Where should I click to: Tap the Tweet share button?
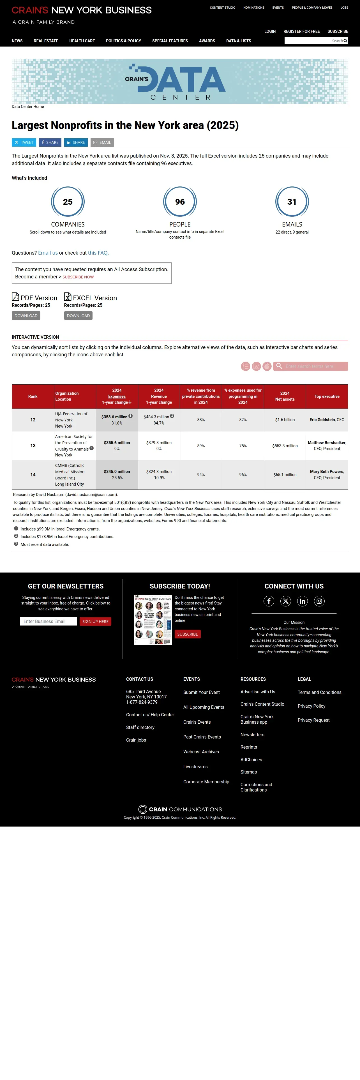coord(24,142)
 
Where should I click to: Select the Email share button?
coord(102,142)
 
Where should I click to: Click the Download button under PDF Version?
coord(26,316)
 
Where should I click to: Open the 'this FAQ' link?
coord(98,253)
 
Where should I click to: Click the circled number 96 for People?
coord(180,202)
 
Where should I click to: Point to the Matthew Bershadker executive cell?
coord(327,446)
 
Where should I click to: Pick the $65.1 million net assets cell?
coord(285,475)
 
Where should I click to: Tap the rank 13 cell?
coord(33,446)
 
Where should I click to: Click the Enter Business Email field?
coord(48,621)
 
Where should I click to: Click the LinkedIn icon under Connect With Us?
coord(303,601)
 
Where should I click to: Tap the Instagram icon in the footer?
coord(319,601)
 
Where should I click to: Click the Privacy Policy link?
coord(311,706)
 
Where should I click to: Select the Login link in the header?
coord(270,31)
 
